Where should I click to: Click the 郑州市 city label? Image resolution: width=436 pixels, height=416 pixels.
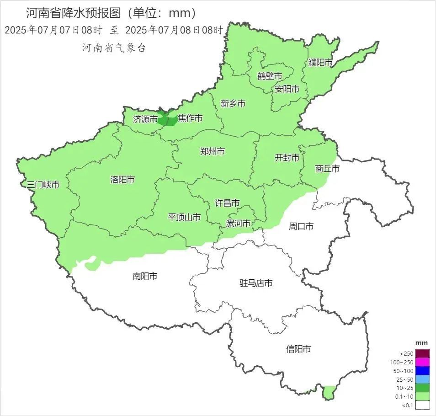click(x=213, y=151)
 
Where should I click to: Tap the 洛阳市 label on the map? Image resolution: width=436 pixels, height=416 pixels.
click(x=122, y=180)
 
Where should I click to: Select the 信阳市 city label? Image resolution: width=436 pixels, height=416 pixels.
click(x=298, y=349)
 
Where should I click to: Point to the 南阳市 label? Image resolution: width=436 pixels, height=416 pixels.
click(x=145, y=276)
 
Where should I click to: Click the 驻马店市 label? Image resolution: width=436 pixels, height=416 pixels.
click(x=256, y=283)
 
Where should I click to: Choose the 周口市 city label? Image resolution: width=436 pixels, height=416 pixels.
click(x=301, y=226)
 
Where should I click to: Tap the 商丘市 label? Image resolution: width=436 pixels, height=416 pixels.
click(x=327, y=169)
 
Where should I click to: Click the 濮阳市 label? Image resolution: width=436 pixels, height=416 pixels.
click(x=320, y=63)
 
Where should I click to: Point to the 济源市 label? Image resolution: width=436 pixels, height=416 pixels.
click(x=145, y=119)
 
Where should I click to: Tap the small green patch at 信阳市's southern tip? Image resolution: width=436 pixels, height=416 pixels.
click(x=329, y=392)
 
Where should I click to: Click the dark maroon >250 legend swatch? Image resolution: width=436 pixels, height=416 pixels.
click(x=422, y=353)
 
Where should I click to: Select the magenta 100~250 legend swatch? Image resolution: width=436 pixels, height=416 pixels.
click(x=422, y=362)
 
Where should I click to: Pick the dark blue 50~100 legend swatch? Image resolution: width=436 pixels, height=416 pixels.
click(x=422, y=371)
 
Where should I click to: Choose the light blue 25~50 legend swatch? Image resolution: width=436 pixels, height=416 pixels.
click(x=422, y=379)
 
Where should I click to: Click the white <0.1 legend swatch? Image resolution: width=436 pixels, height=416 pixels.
click(x=422, y=405)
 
